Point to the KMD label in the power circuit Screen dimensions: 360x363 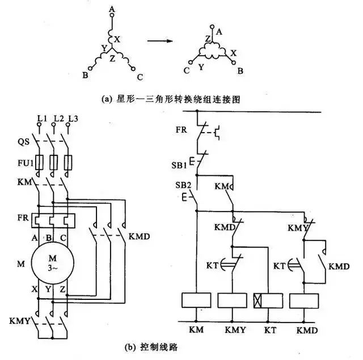(140, 235)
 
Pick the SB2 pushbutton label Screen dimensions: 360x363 (181, 186)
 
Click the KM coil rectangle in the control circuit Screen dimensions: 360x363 (195, 300)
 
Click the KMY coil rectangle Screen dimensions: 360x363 (233, 300)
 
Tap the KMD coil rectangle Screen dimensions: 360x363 (305, 300)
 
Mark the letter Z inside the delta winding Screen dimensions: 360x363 (208, 39)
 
